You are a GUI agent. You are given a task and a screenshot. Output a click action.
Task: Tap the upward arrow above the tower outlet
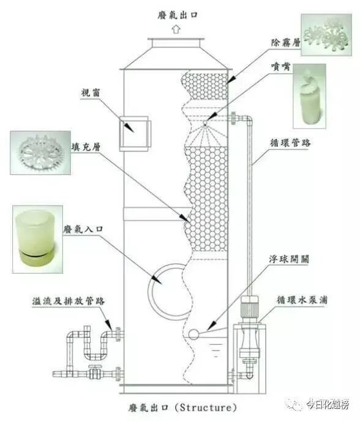[x=176, y=29]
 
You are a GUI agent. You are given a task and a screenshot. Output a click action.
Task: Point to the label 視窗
[x=90, y=93]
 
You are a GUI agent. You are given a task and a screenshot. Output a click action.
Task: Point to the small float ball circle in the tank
[x=194, y=335]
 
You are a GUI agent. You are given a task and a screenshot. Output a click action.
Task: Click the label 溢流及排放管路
[x=69, y=301]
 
